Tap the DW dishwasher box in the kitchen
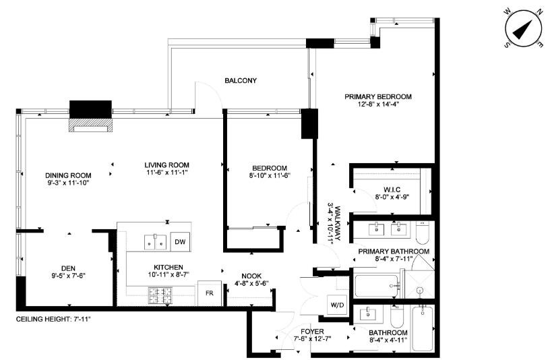coord(179,242)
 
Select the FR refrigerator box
coord(208,293)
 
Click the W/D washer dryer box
coord(336,304)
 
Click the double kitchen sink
coord(156,240)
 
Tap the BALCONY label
coord(241,81)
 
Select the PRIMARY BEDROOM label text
coord(377,96)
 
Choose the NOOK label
coord(251,274)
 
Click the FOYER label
coord(312,332)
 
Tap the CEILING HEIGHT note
coord(53,319)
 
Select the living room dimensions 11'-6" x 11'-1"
coord(166,173)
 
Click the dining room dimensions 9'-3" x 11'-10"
coord(68,183)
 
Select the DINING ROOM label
coord(68,175)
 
